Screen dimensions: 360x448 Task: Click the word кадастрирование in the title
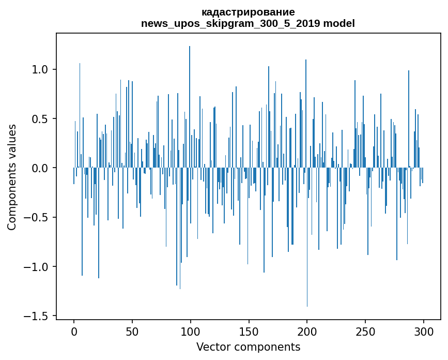coord(248,12)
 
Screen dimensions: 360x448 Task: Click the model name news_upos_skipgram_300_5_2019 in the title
coord(230,23)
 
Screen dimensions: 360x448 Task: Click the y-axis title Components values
coord(12,177)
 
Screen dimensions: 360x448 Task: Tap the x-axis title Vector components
coord(248,347)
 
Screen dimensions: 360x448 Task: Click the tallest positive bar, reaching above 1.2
coord(190,103)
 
